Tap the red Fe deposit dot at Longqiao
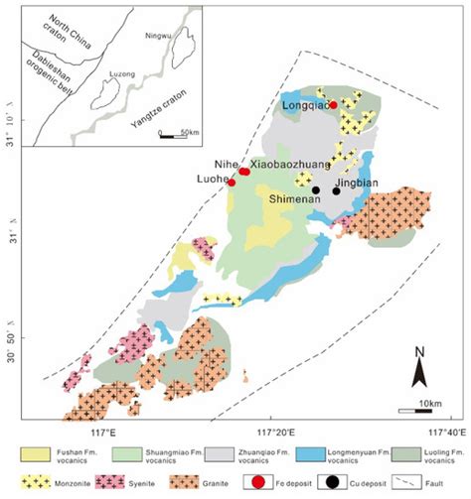[x=334, y=105]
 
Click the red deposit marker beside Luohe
[x=232, y=183]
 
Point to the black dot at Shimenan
[x=315, y=190]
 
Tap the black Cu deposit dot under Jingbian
[x=337, y=191]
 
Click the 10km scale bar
[x=416, y=408]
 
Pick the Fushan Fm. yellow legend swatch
[x=37, y=451]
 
